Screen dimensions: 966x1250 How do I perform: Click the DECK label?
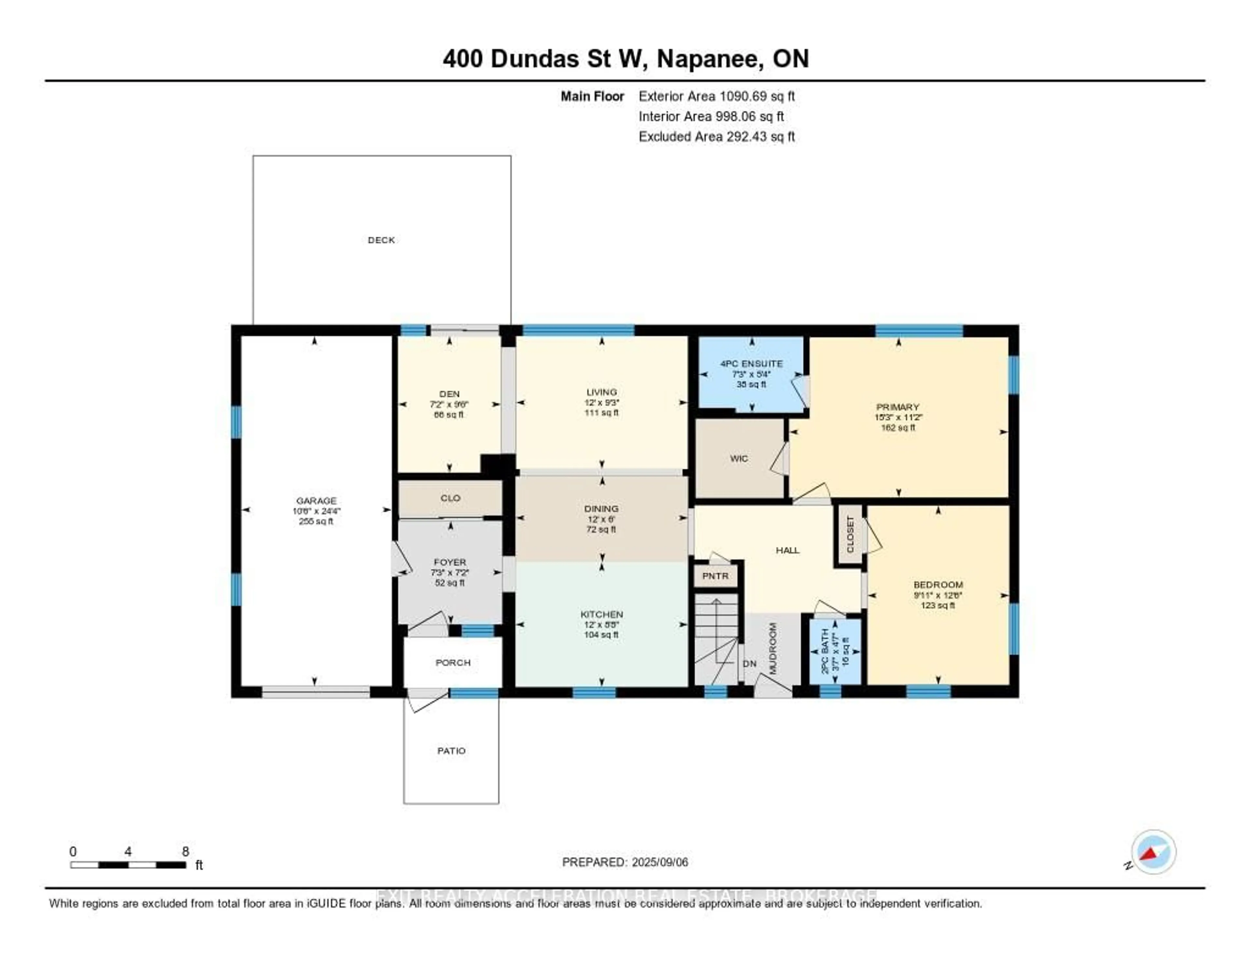tap(381, 240)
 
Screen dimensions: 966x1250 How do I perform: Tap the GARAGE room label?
tap(316, 501)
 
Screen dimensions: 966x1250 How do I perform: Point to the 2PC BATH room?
tap(835, 651)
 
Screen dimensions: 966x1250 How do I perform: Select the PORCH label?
tap(453, 662)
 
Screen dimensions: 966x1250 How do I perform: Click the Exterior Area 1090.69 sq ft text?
tap(716, 96)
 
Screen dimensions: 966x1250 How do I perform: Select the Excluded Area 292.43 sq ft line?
tap(716, 136)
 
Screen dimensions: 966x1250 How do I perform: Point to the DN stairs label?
tap(749, 664)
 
